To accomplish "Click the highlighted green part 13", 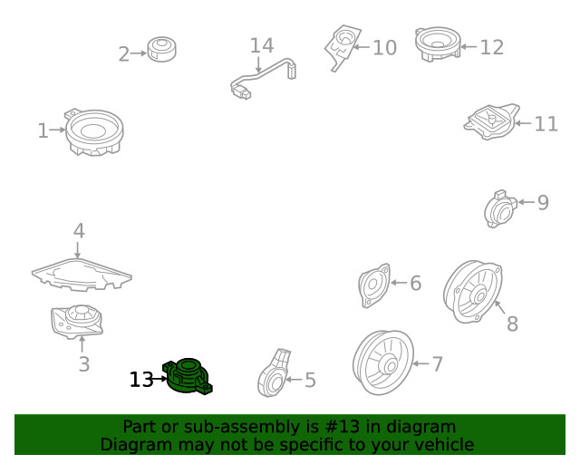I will (x=188, y=377).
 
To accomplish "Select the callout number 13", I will (x=141, y=380).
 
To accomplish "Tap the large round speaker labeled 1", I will (x=94, y=132).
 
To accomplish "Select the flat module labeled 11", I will (x=489, y=122).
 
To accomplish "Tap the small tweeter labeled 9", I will (x=498, y=209).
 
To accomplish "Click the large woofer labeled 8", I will (x=472, y=293).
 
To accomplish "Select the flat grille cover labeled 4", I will (x=82, y=274).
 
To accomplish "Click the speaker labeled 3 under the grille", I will (x=77, y=321).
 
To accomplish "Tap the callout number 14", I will (x=261, y=44).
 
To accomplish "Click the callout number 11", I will (x=546, y=124).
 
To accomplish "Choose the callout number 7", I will (x=437, y=364).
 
